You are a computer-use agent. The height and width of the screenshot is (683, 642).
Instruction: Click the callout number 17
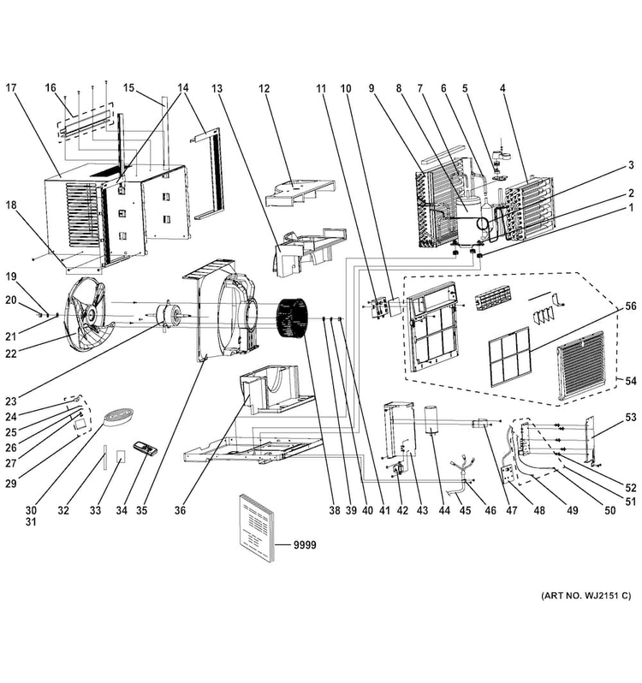tap(11, 87)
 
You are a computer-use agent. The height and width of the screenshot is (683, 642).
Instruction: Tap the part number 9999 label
tap(305, 545)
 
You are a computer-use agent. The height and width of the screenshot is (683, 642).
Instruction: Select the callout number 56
tap(630, 306)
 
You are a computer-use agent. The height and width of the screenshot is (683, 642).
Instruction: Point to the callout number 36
tap(180, 510)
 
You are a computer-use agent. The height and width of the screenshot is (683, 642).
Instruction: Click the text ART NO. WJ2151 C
tap(586, 596)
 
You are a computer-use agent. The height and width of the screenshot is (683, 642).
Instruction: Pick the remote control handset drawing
tap(146, 448)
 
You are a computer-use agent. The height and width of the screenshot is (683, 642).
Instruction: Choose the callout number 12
tap(264, 88)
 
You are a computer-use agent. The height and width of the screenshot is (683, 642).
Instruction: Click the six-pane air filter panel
tap(510, 357)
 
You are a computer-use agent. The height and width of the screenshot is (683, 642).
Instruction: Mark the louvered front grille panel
tap(581, 366)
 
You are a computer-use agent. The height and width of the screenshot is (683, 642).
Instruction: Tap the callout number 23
tap(11, 401)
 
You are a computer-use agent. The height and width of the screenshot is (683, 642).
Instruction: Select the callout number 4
tap(502, 88)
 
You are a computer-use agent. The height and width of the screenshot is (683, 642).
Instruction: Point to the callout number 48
tap(539, 510)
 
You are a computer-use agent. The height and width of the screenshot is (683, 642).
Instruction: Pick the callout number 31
tap(31, 521)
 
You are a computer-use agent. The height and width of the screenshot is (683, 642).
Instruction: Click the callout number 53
tap(631, 418)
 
